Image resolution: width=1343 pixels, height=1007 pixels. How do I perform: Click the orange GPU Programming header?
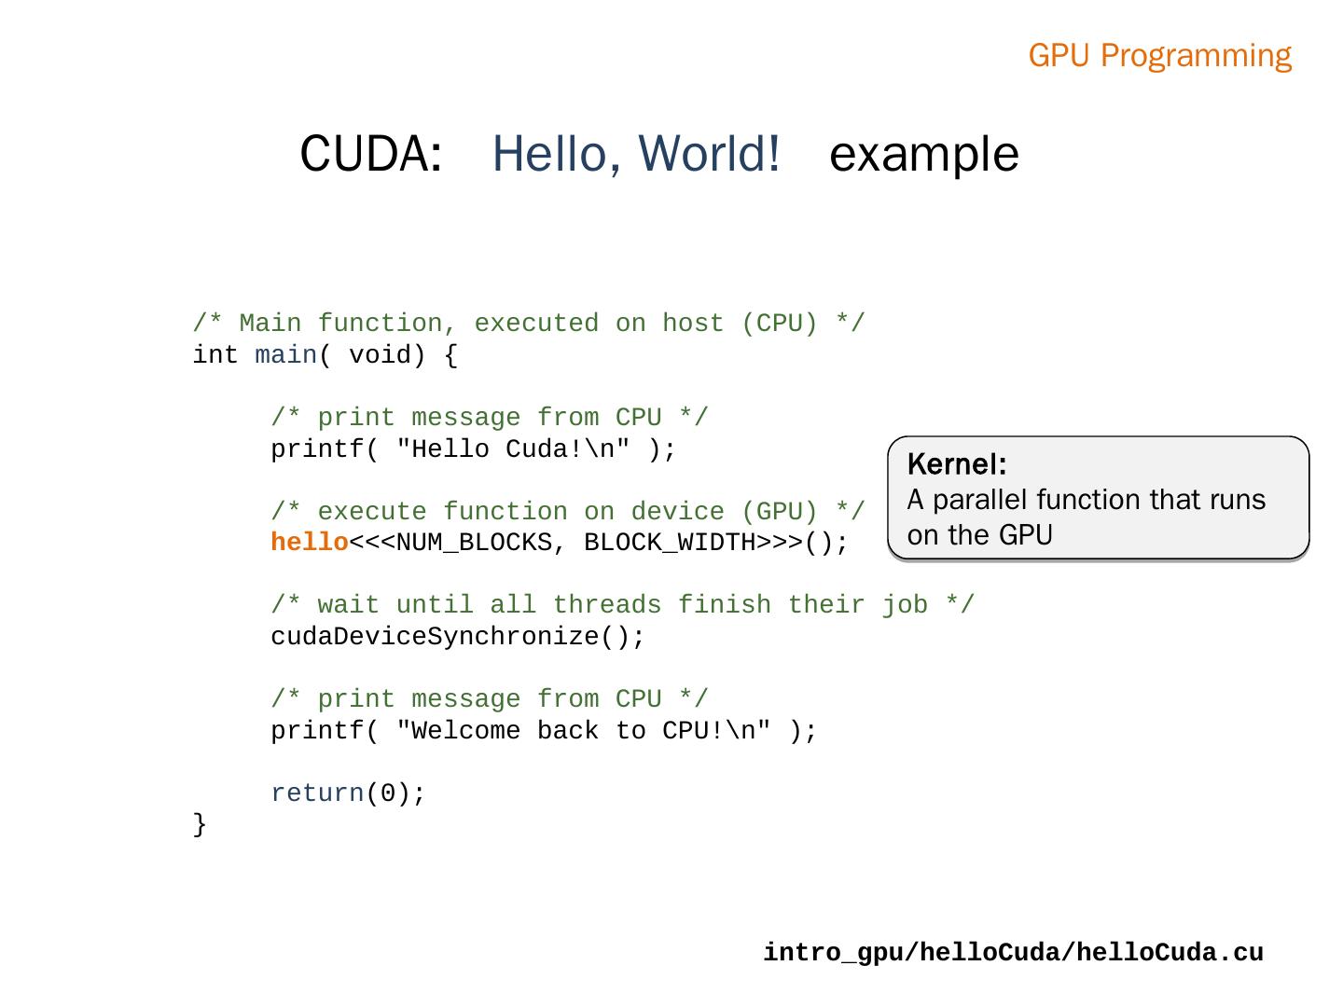pos(1159,56)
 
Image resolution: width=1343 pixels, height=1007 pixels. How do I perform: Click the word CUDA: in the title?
pos(370,154)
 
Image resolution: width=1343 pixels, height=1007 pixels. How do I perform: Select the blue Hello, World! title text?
pos(635,154)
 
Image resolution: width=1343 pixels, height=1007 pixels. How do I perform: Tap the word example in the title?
pos(923,154)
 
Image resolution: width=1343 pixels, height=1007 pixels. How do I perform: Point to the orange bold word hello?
pos(310,543)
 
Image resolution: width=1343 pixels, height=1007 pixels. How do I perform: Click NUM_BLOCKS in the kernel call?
pos(474,543)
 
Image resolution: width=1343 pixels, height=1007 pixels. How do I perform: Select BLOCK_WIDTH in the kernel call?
pos(670,543)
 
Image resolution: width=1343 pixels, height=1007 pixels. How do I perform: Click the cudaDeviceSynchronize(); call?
pos(457,637)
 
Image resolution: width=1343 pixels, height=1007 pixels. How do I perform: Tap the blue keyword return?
pos(317,793)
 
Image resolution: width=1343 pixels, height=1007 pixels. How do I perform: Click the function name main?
pos(285,355)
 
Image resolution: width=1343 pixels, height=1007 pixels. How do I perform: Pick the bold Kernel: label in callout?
pos(956,464)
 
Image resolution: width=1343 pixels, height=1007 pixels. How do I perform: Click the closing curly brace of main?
pos(200,824)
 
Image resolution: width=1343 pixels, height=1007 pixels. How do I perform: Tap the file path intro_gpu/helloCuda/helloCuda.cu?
pos(1013,953)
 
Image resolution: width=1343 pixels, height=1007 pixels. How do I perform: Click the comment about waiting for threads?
pos(622,605)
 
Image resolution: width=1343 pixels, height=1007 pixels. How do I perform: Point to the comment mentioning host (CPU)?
pos(529,324)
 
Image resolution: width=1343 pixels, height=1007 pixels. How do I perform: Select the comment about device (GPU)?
pos(567,512)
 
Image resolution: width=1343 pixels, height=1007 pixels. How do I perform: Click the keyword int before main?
pos(215,355)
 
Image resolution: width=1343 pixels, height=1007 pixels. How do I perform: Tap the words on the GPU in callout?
pos(979,535)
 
